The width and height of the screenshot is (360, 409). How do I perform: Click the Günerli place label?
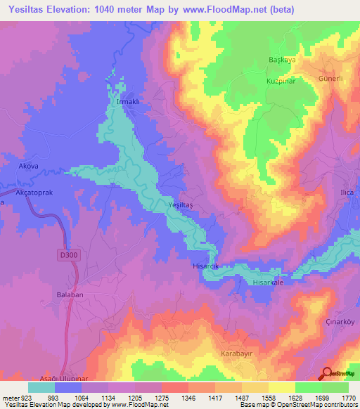click(x=330, y=79)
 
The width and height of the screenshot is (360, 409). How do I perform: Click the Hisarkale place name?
click(x=267, y=282)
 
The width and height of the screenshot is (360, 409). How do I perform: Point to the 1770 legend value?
click(x=347, y=397)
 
